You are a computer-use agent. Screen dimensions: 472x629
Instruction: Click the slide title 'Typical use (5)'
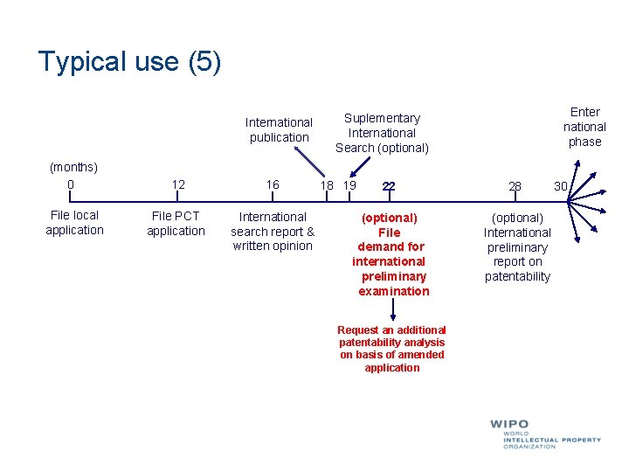pyautogui.click(x=130, y=62)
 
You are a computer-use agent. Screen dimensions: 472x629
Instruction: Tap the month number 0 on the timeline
pyautogui.click(x=71, y=184)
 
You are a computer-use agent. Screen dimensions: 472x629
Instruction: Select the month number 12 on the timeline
pyautogui.click(x=178, y=184)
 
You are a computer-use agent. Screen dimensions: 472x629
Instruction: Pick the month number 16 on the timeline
pyautogui.click(x=273, y=184)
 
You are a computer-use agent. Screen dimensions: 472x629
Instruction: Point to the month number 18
pyautogui.click(x=328, y=185)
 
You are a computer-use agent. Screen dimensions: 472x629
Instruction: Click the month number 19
pyautogui.click(x=349, y=185)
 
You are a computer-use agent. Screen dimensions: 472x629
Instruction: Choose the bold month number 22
pyautogui.click(x=389, y=185)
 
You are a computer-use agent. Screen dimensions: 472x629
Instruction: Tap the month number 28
pyautogui.click(x=515, y=186)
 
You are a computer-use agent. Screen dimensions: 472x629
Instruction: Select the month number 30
pyautogui.click(x=560, y=186)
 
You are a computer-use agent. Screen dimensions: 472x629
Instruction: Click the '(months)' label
pyautogui.click(x=73, y=166)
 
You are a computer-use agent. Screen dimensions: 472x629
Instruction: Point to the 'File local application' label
pyautogui.click(x=74, y=223)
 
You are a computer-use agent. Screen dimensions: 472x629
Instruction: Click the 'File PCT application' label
pyautogui.click(x=176, y=224)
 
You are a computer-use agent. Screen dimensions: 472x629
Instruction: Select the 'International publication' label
pyautogui.click(x=279, y=129)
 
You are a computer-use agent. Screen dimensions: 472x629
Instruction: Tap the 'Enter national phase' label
pyautogui.click(x=584, y=127)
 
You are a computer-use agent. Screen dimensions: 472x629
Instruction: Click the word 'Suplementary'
pyautogui.click(x=382, y=118)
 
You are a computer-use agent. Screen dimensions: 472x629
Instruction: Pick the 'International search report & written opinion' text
pyautogui.click(x=273, y=231)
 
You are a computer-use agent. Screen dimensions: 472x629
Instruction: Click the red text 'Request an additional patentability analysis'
pyautogui.click(x=391, y=337)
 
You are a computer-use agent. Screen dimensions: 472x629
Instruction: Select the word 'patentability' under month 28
pyautogui.click(x=517, y=277)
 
